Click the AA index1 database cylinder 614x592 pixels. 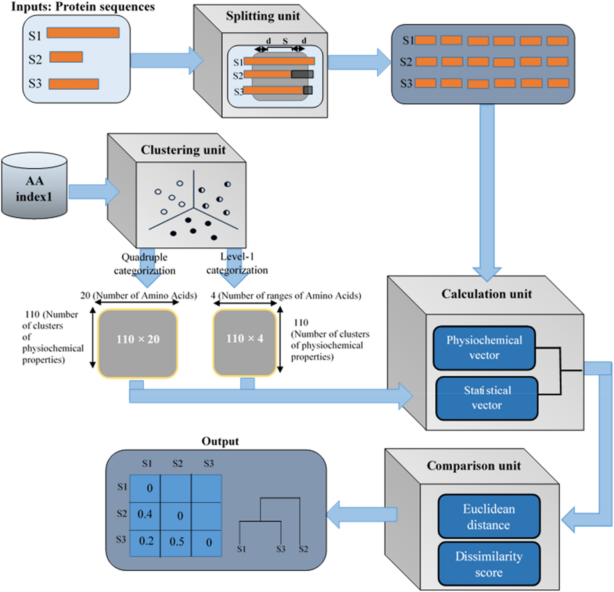[34, 186]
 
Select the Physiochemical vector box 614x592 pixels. [484, 348]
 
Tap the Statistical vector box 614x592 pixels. [487, 398]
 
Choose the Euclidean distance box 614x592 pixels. [489, 517]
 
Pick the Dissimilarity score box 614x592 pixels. [489, 564]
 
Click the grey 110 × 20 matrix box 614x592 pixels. [138, 343]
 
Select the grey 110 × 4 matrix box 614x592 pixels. [245, 342]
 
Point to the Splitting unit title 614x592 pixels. [263, 16]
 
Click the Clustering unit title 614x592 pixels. [183, 150]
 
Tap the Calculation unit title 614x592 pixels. [487, 294]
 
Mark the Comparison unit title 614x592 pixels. [473, 466]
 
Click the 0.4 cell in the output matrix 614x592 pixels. [145, 514]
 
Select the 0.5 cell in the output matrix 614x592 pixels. [177, 542]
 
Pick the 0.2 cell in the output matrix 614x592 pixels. [146, 541]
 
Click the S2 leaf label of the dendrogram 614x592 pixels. [303, 549]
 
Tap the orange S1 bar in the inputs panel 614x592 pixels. [83, 33]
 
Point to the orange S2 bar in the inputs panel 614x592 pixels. [66, 57]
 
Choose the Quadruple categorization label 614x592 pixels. [144, 264]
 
